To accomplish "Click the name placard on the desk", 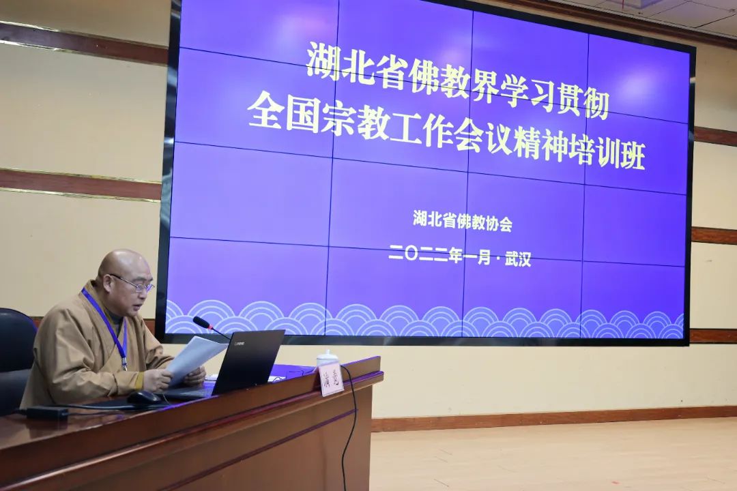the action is coord(331,381).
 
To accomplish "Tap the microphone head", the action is coord(201,322).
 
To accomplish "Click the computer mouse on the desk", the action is coord(144,398).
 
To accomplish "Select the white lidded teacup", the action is coord(327,359).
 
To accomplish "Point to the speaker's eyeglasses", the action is coord(134,284).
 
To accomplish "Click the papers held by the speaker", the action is coord(195,359).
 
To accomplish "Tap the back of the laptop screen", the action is coord(248,359).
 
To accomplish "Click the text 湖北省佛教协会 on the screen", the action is coord(463,221).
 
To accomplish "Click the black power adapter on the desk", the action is coord(48,413).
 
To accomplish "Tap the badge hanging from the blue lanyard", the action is coord(124,363).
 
